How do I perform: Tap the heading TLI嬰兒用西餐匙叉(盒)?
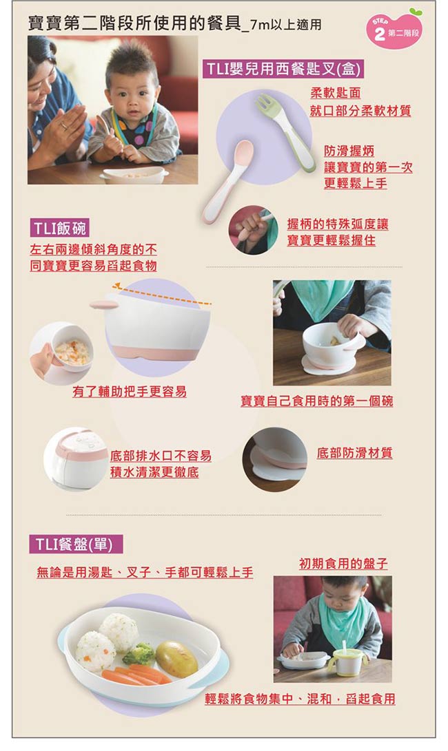pos(283,70)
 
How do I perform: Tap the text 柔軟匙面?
pos(335,93)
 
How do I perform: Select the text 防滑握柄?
pos(349,151)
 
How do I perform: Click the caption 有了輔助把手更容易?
pos(129,392)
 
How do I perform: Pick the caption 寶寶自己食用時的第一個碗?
pos(316,401)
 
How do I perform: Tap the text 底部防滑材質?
pos(354,453)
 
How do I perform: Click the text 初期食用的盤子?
pos(343,564)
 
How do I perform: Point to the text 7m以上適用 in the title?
pos(285,26)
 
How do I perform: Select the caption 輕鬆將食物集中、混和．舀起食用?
pos(300,699)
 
